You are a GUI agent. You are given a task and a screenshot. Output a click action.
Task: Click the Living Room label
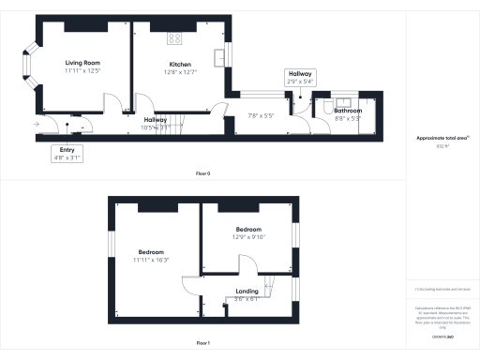tap(83, 63)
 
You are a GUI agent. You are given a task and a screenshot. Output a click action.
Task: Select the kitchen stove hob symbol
tap(173, 38)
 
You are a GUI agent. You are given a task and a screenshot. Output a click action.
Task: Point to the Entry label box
tap(67, 155)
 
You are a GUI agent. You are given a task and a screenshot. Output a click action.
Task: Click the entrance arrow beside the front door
tap(36, 123)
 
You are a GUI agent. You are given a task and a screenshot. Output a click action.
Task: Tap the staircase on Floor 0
tap(179, 122)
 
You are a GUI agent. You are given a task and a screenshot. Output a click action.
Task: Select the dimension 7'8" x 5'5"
tap(260, 115)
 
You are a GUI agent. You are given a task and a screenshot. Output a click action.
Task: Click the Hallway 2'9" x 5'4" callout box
tap(302, 77)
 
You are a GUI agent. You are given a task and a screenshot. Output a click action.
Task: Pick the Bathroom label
tap(346, 111)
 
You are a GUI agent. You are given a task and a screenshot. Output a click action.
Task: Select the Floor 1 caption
tap(202, 343)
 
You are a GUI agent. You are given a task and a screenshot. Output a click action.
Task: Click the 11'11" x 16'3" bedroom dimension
tap(151, 260)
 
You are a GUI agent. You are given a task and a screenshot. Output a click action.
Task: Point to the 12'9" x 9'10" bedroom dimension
tap(248, 237)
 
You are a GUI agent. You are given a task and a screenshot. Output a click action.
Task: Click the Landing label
tap(247, 292)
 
